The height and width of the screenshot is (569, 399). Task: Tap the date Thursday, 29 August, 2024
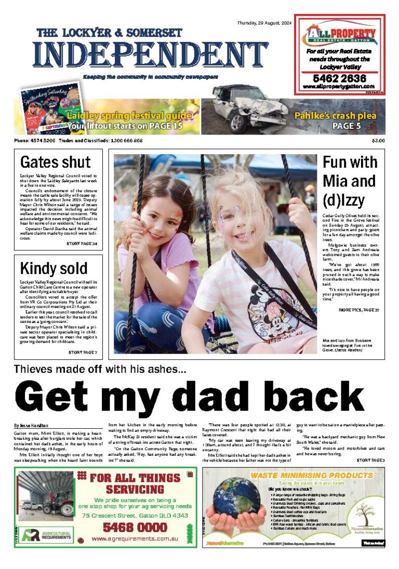pos(264,23)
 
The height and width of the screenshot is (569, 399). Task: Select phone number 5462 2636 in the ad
pos(339,78)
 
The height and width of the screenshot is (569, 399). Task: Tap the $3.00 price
pos(378,141)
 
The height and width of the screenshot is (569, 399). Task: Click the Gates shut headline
pos(55,162)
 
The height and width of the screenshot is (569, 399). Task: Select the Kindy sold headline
pos(54,268)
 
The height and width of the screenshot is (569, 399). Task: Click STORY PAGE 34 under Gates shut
pos(82,243)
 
